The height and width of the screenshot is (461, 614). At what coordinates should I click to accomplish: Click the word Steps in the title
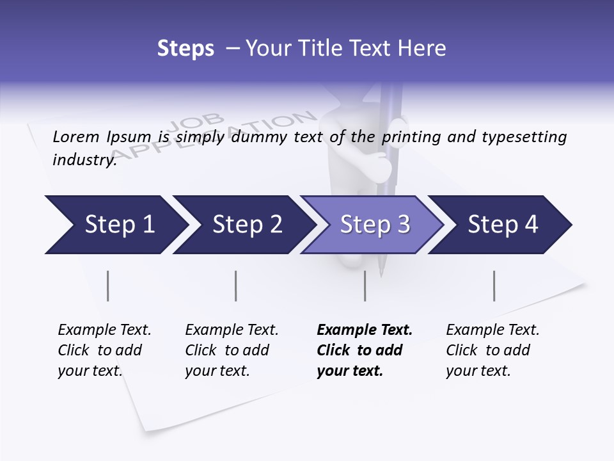tap(185, 49)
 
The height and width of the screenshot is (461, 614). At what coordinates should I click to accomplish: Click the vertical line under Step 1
tap(108, 286)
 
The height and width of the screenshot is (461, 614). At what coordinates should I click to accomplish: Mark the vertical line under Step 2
tap(236, 286)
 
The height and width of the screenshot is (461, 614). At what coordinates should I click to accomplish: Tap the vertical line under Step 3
tap(365, 286)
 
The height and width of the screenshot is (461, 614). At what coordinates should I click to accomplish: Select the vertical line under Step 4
tap(494, 286)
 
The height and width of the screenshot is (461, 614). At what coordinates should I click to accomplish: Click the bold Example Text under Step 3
tap(365, 350)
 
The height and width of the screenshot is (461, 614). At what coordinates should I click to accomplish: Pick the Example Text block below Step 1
tap(104, 350)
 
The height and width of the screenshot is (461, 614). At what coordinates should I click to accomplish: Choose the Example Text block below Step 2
tap(232, 350)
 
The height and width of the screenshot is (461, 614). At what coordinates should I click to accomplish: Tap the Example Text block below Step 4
tap(492, 350)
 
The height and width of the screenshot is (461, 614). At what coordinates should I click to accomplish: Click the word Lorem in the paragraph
tap(76, 136)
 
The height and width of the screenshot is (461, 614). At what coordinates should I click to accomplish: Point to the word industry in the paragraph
tap(84, 159)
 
